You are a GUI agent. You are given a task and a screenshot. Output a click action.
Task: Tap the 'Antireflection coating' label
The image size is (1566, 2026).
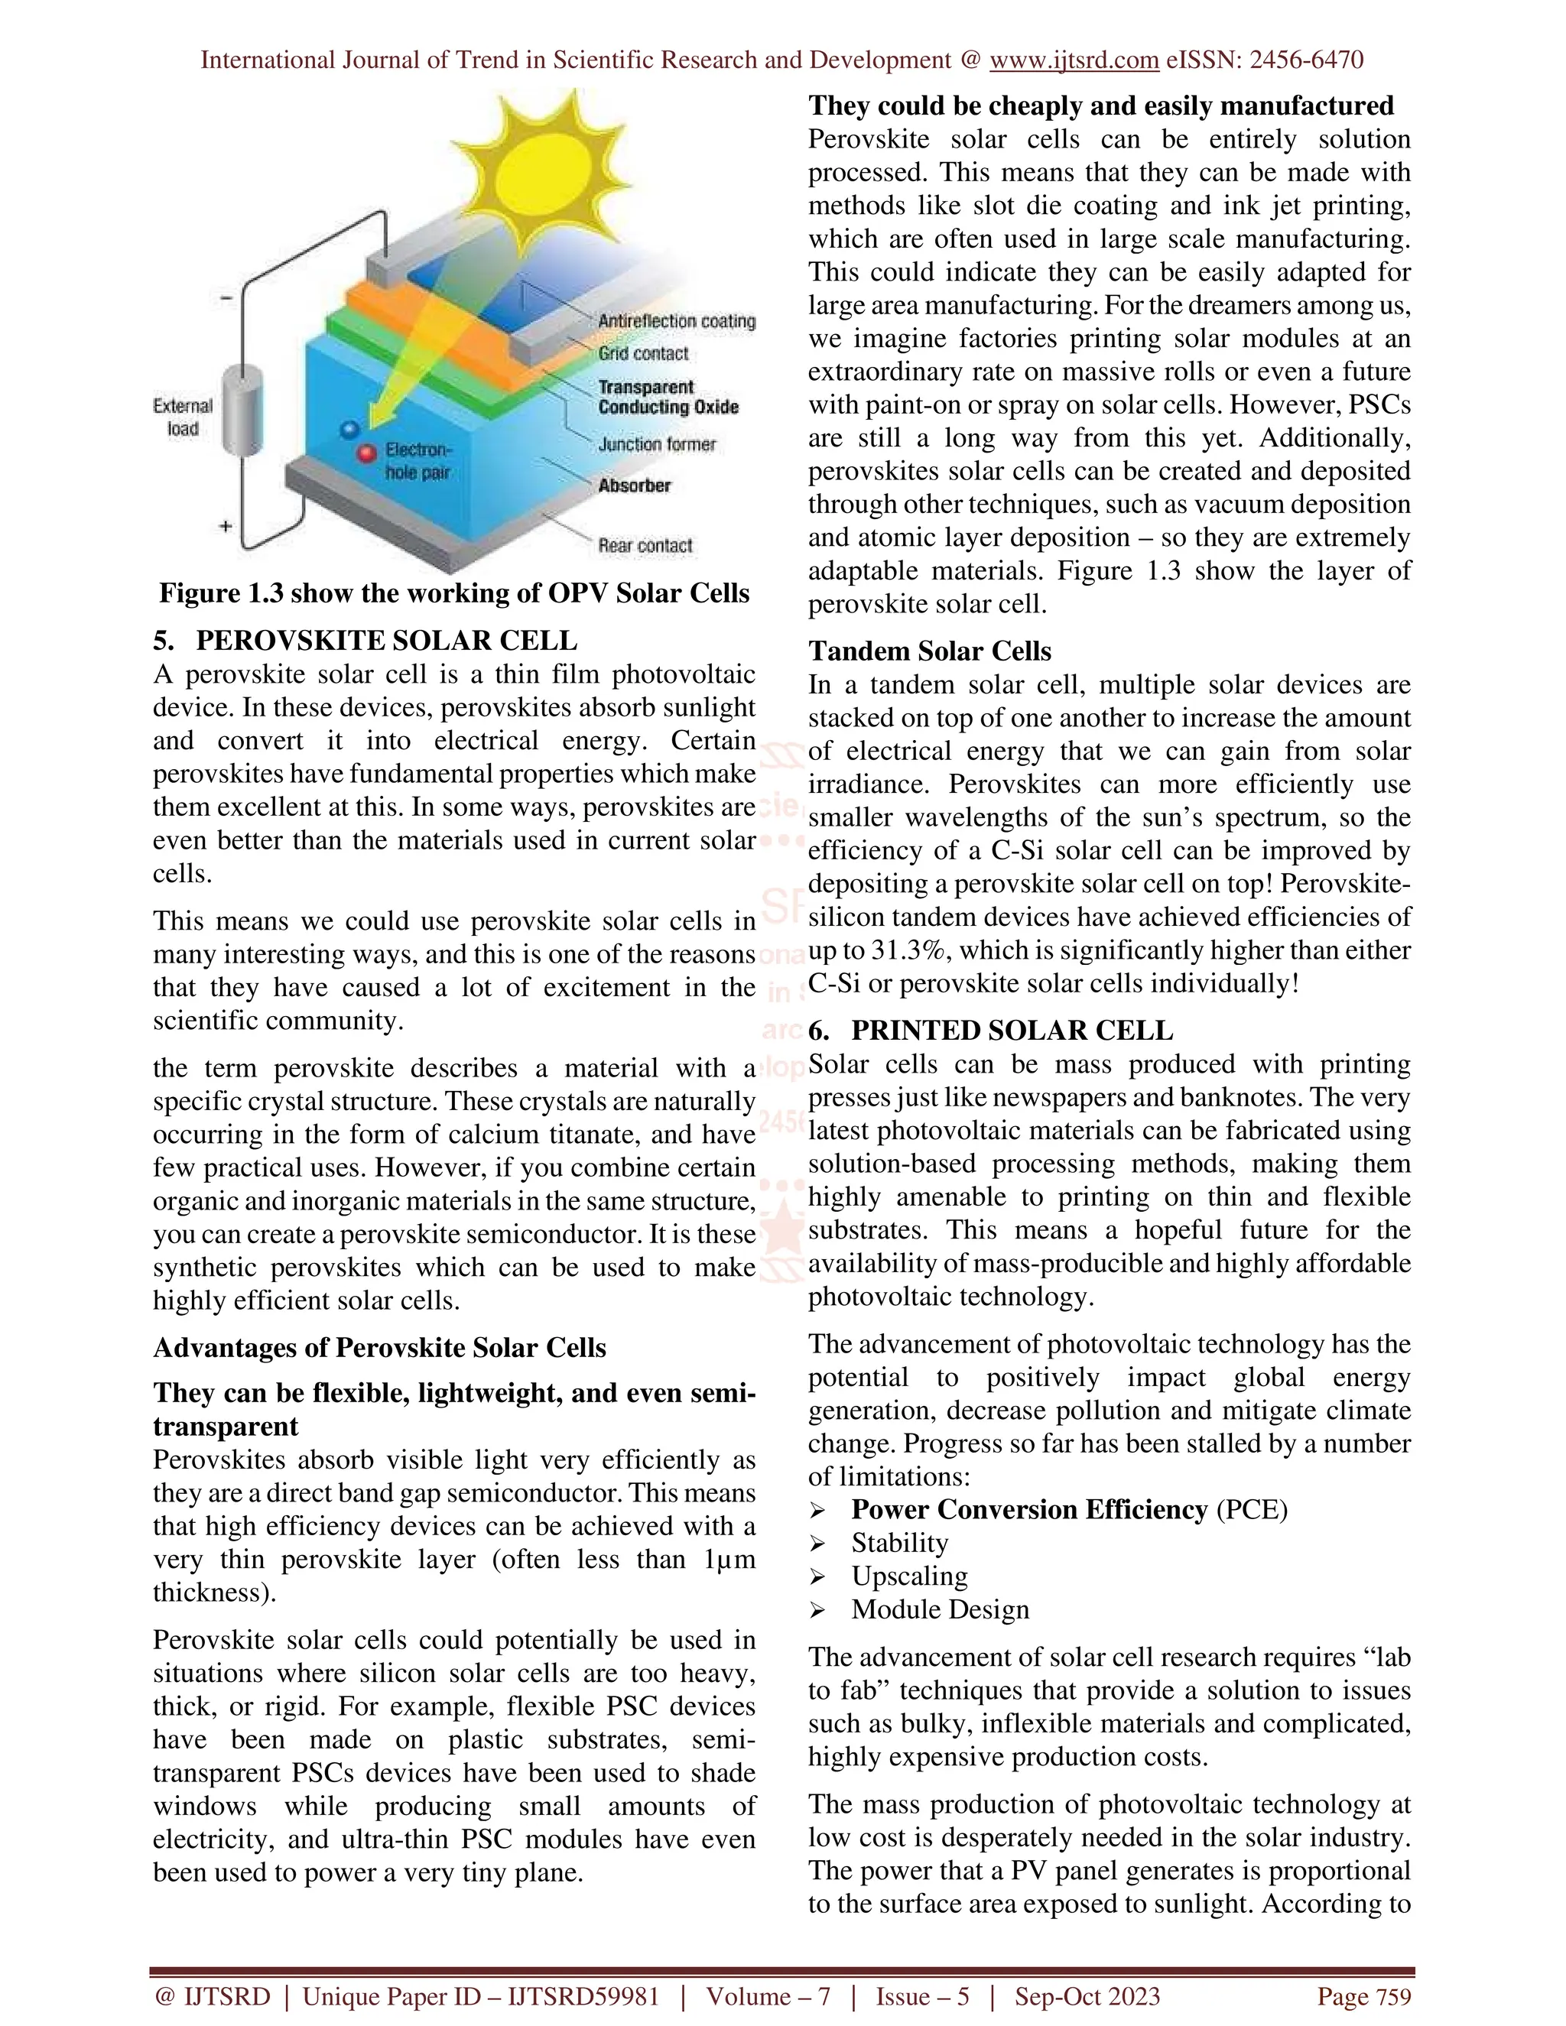(x=676, y=321)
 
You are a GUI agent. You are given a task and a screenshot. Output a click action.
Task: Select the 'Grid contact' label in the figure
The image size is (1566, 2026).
(x=643, y=353)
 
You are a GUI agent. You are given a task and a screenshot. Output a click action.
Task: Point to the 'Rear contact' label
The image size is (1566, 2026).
(x=645, y=545)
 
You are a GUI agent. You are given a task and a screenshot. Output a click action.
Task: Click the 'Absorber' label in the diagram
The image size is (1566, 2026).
(x=634, y=485)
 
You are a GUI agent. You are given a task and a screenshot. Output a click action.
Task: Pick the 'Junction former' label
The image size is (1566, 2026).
(x=657, y=444)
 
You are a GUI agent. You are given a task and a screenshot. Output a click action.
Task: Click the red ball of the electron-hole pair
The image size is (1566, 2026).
(x=367, y=453)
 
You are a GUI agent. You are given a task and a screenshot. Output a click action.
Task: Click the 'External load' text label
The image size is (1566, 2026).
(x=183, y=417)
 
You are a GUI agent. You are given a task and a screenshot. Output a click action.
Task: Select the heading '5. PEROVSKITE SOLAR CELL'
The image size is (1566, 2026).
(x=366, y=641)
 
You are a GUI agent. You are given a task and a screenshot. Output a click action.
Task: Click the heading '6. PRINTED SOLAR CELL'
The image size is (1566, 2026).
(x=991, y=1031)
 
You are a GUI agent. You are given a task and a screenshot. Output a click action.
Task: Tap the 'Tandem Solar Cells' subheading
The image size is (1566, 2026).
(x=930, y=651)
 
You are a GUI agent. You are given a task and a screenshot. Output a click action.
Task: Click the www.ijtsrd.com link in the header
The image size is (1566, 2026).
(x=1074, y=60)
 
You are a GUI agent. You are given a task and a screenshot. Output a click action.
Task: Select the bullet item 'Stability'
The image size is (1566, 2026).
(x=899, y=1543)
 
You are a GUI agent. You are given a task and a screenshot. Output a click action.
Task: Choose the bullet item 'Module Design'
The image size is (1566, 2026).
(x=940, y=1609)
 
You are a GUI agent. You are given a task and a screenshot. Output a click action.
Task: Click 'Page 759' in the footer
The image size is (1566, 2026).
(x=1364, y=1997)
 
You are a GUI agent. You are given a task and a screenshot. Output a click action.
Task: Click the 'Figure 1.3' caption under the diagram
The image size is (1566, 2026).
(x=453, y=594)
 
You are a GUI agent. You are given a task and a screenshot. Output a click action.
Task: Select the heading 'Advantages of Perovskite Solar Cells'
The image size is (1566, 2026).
(x=379, y=1348)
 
